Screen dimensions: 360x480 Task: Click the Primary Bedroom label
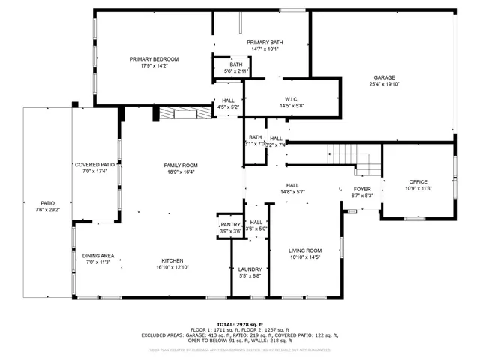point(154,59)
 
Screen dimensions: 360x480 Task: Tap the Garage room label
point(385,77)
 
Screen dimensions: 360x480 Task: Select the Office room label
point(418,182)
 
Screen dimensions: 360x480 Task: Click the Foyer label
point(362,189)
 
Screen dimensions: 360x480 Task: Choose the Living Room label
point(305,250)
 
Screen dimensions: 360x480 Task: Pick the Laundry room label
point(250,269)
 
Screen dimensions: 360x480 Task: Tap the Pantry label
point(230,225)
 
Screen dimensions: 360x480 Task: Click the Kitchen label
point(172,260)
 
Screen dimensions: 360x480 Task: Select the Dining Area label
point(98,256)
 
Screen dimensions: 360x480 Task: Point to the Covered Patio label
point(94,164)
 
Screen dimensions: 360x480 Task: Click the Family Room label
point(181,165)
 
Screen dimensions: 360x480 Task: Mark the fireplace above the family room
point(184,113)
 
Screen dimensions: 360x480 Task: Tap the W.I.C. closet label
point(292,99)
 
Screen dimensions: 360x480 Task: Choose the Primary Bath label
point(265,43)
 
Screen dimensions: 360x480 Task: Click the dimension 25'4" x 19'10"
point(385,85)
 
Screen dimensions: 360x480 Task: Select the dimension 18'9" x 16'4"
point(181,172)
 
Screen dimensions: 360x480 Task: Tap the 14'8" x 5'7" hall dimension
point(292,192)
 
